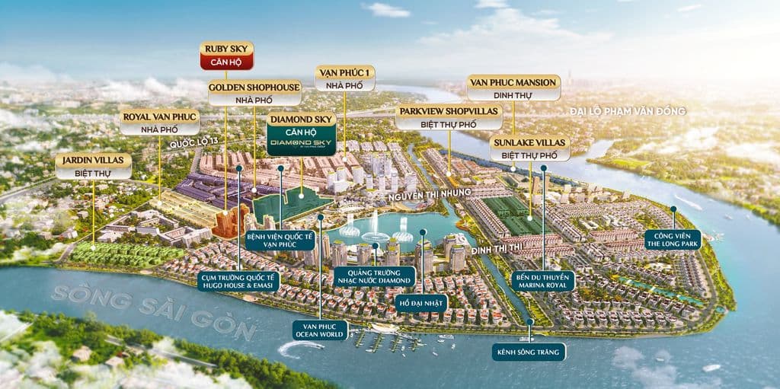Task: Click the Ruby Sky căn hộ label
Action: (226, 55)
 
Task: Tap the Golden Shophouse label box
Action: (254, 94)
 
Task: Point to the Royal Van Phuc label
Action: (159, 123)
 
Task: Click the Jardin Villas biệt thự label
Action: (93, 166)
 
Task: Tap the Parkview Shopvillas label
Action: (449, 118)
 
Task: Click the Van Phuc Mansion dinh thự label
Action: (513, 88)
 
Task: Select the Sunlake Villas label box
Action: (529, 148)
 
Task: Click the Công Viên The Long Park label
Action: (673, 240)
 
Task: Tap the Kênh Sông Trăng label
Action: (529, 352)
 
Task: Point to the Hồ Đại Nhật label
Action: (422, 303)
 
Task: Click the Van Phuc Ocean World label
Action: (321, 330)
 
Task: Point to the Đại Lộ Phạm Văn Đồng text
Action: (628, 111)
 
